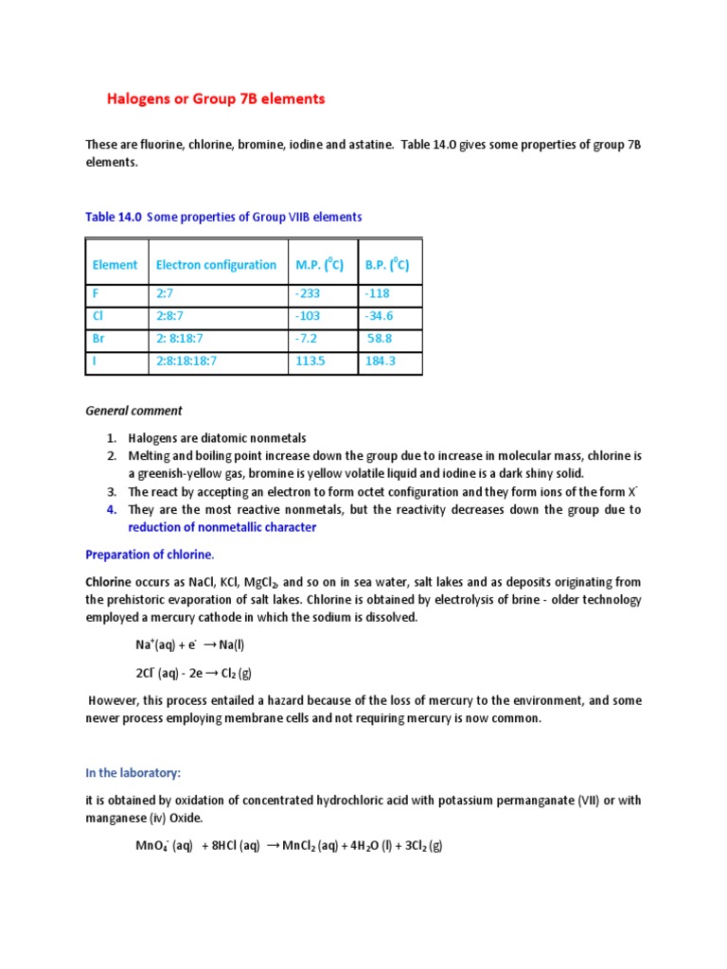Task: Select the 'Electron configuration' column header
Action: [x=216, y=265]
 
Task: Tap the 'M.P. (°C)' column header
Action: [x=318, y=265]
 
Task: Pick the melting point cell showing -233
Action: [x=309, y=293]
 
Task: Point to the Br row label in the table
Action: [x=99, y=338]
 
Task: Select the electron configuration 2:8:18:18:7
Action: [x=186, y=361]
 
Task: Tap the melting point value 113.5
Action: [x=310, y=361]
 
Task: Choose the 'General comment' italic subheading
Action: [x=133, y=411]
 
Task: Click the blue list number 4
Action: [x=111, y=510]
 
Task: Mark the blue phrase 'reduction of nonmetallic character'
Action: [x=222, y=527]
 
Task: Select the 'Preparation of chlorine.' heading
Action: [x=156, y=555]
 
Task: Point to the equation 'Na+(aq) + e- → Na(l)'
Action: [x=190, y=644]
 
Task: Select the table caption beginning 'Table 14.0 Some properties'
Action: [x=223, y=217]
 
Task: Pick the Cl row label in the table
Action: [x=98, y=316]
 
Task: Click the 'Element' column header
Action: [x=115, y=265]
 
